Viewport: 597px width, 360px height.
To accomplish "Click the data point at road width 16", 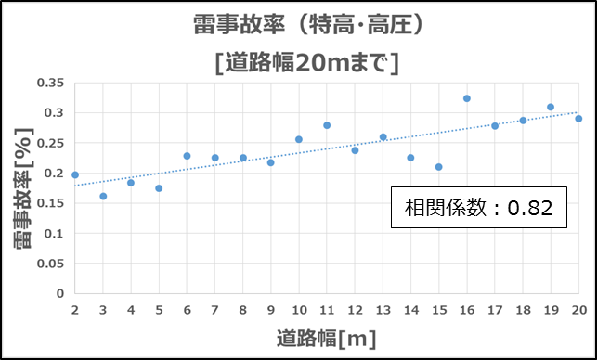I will tap(467, 98).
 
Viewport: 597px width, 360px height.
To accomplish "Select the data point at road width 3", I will tap(103, 196).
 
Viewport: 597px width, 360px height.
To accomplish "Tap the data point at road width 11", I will tap(327, 125).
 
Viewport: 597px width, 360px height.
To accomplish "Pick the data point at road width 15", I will tap(438, 167).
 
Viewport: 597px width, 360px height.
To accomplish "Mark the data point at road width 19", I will tap(551, 107).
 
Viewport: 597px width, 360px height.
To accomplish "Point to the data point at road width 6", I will tap(187, 156).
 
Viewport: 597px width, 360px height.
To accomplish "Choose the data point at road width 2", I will tap(75, 174).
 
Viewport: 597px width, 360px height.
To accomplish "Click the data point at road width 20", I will tap(578, 119).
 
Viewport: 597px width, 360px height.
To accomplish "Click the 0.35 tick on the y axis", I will tap(52, 83).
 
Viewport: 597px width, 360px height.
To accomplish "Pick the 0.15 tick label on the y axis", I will tap(52, 203).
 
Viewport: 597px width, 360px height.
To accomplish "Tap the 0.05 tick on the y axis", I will tap(52, 264).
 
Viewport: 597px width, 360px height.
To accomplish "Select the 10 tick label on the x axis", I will tap(298, 309).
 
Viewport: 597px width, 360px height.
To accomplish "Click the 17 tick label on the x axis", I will tap(494, 309).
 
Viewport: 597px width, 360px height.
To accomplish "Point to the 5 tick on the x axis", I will tap(159, 309).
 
